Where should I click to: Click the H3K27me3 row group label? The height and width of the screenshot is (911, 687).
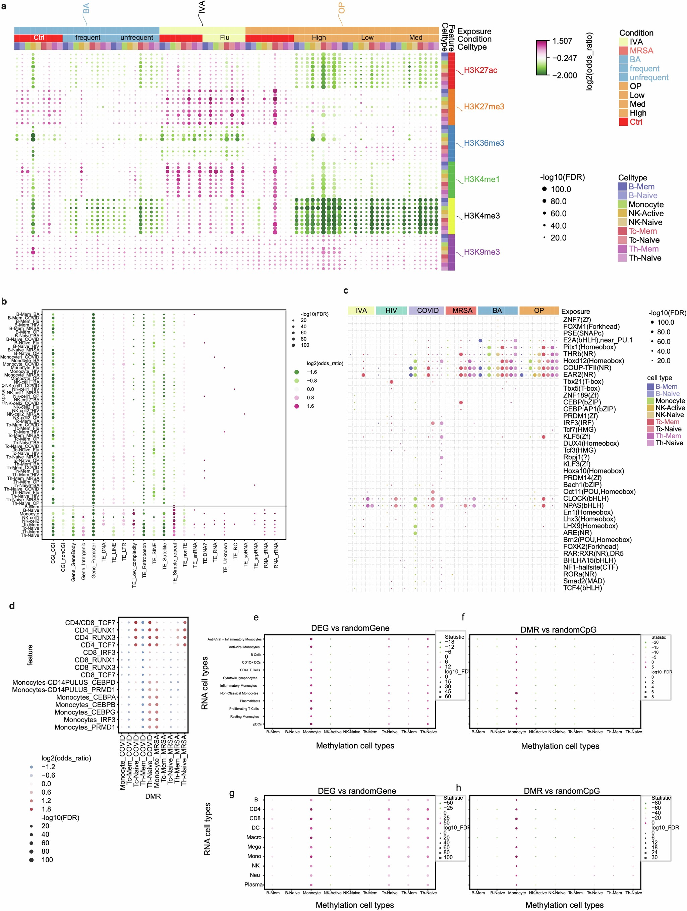[483, 107]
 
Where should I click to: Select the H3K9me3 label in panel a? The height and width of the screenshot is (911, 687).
[481, 252]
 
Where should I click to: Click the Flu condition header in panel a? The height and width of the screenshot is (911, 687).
[224, 38]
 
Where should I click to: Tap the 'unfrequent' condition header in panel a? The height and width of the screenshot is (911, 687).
[137, 38]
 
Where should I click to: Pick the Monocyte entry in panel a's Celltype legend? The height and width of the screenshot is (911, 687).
[645, 205]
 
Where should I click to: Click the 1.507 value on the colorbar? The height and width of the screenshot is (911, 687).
[562, 41]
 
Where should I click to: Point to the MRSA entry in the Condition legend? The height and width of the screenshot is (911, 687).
[641, 51]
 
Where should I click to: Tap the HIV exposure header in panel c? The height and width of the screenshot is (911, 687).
[391, 310]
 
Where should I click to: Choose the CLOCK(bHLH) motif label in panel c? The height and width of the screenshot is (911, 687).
[586, 498]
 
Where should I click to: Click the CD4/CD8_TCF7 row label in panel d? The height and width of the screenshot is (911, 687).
[90, 623]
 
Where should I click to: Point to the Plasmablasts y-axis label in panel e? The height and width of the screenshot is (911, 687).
[250, 701]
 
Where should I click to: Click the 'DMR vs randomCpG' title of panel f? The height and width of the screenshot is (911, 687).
[558, 630]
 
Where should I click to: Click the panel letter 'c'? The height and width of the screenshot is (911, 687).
[346, 291]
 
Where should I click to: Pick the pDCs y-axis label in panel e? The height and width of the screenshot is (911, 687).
[257, 724]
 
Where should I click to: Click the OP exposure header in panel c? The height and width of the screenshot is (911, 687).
[539, 310]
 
